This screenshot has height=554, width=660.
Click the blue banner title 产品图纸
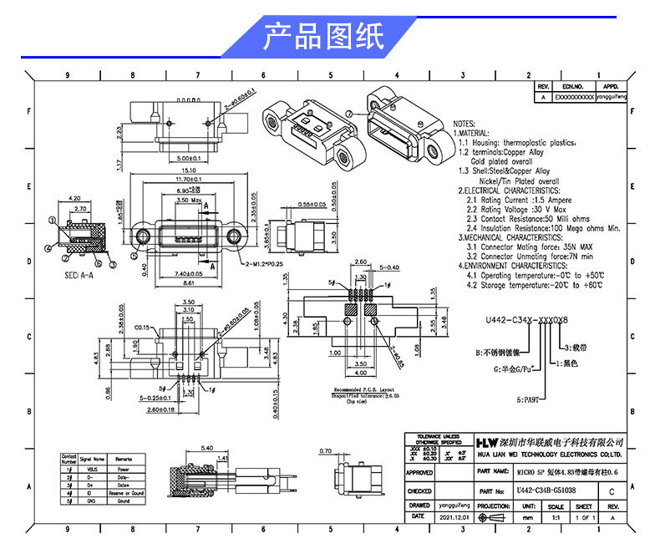point(323,38)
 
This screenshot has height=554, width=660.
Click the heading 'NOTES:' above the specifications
point(465,123)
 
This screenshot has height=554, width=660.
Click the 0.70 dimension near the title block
point(325,452)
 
